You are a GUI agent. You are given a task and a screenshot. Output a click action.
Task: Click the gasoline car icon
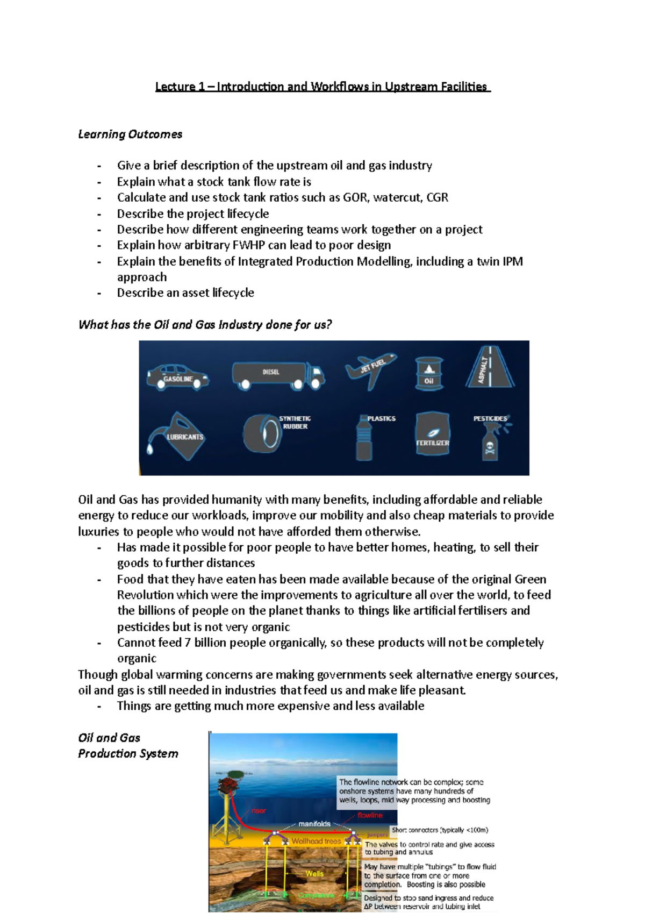click(x=177, y=376)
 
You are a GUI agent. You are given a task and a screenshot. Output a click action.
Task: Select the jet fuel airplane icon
click(x=370, y=370)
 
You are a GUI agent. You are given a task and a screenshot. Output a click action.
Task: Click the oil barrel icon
click(x=429, y=373)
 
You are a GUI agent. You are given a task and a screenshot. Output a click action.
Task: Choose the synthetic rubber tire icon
click(x=262, y=433)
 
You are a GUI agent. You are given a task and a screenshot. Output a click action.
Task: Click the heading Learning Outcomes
click(x=130, y=134)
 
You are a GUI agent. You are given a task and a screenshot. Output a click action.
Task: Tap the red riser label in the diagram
click(x=259, y=811)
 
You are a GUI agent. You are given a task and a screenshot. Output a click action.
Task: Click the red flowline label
click(x=370, y=815)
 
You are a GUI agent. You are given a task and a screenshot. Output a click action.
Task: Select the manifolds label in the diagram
click(x=314, y=824)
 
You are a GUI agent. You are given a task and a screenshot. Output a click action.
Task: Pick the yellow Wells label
click(x=314, y=873)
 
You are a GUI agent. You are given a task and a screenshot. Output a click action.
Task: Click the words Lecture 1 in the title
click(x=180, y=87)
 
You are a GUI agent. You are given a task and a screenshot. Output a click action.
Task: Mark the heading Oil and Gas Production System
click(x=127, y=746)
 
